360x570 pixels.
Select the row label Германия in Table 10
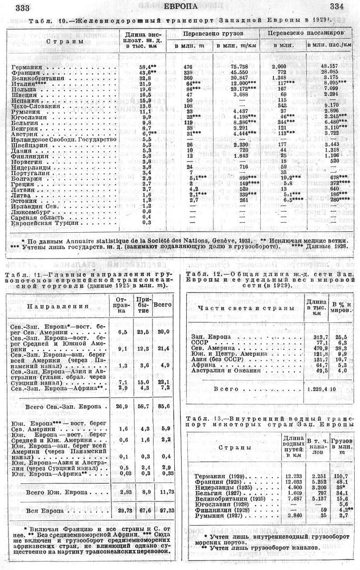25,67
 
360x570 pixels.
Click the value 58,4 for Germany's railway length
146,67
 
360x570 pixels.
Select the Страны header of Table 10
64,41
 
